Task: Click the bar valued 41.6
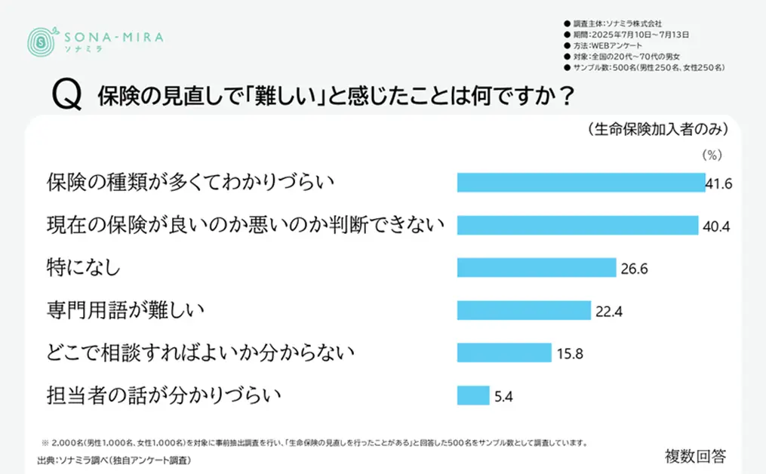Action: click(x=581, y=183)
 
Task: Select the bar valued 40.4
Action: click(x=577, y=225)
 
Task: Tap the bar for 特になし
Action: click(x=537, y=268)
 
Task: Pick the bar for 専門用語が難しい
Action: click(x=524, y=310)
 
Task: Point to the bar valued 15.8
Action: click(x=504, y=352)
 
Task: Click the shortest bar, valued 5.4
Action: click(x=473, y=396)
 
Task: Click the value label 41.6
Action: click(x=719, y=183)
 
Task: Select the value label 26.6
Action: click(x=634, y=269)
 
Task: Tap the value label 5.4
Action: click(x=503, y=396)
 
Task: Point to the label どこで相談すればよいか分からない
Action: click(x=200, y=352)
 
